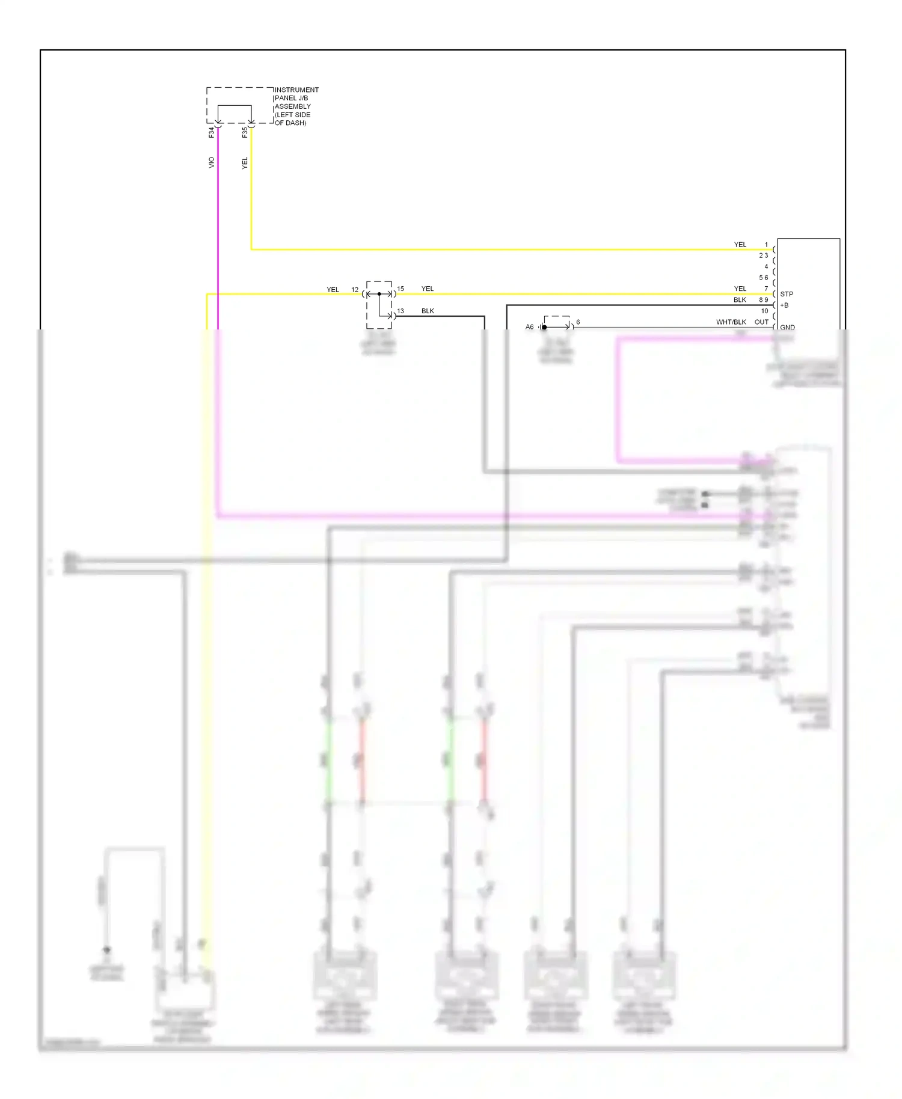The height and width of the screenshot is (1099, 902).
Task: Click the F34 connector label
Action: [x=212, y=132]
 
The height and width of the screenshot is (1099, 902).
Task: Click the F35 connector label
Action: [x=245, y=132]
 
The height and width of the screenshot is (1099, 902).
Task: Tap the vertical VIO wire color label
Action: [x=211, y=162]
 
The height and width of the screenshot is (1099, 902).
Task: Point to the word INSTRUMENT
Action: [x=296, y=90]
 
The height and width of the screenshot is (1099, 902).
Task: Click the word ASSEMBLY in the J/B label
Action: [x=293, y=106]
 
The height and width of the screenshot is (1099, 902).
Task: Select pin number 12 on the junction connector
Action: [x=355, y=290]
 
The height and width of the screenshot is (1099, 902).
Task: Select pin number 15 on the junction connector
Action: [x=400, y=289]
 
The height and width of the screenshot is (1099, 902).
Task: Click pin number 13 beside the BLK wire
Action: [x=400, y=311]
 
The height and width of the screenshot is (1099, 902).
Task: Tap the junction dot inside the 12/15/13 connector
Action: [x=379, y=294]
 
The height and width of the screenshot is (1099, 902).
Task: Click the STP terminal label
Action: [x=787, y=294]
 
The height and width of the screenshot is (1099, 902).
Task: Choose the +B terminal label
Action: [x=784, y=305]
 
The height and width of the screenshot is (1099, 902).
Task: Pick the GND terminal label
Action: [x=787, y=328]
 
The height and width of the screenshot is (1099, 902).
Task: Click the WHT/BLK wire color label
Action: [x=731, y=322]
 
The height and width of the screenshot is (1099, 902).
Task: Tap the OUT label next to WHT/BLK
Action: [x=761, y=322]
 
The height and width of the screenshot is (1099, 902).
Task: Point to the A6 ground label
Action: [x=529, y=327]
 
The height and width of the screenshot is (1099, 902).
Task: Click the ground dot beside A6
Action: [x=544, y=327]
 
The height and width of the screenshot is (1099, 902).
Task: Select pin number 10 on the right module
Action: [x=764, y=311]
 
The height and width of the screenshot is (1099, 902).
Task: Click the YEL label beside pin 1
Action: [x=740, y=245]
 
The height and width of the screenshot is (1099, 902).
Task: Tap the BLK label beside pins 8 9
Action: [x=740, y=300]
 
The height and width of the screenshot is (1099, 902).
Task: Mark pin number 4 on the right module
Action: [x=766, y=267]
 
